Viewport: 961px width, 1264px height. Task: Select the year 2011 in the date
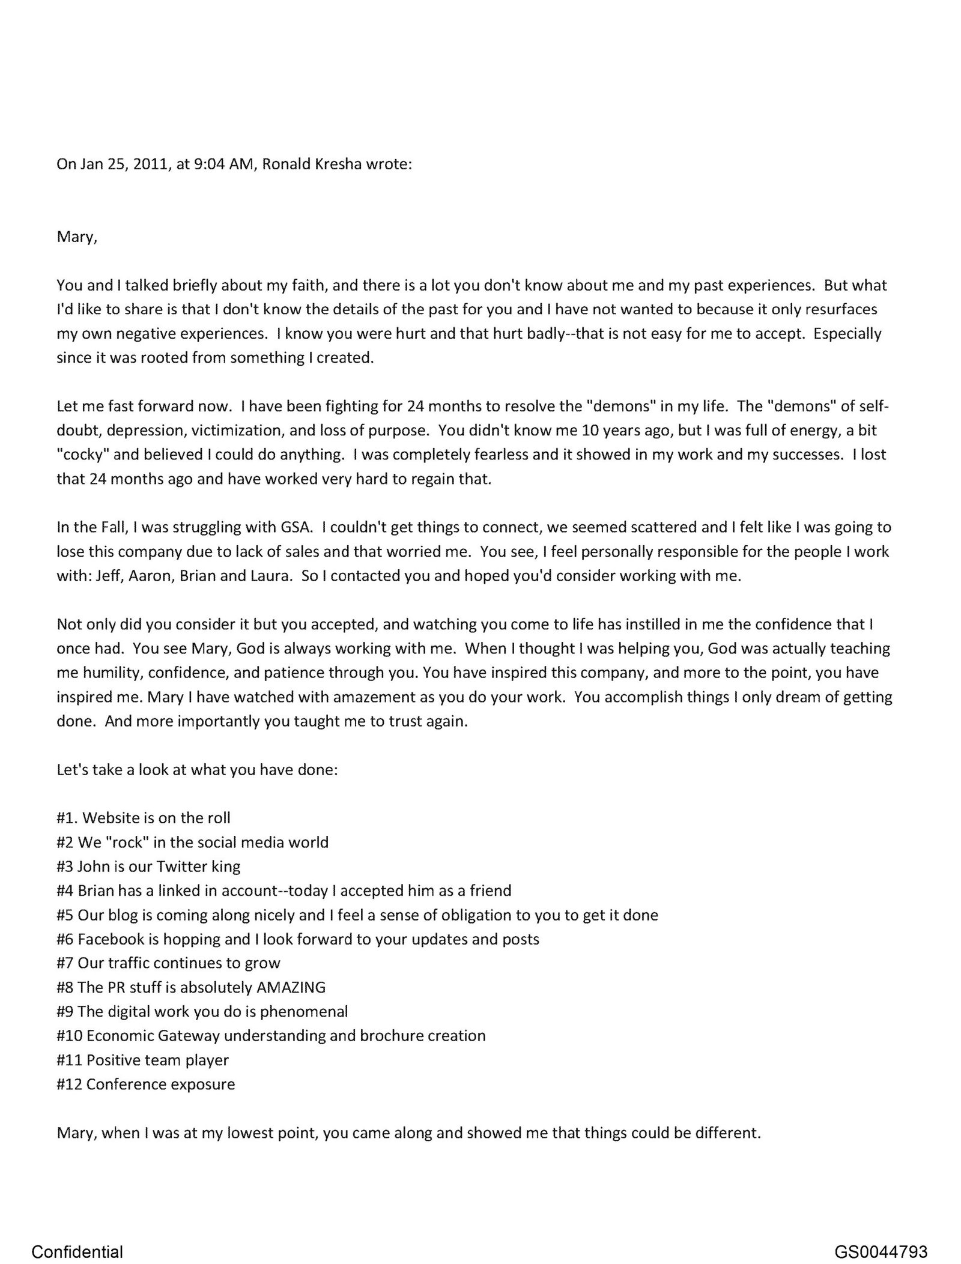[149, 165]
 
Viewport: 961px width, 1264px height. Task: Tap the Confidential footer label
[77, 1235]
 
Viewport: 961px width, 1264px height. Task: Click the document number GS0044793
[881, 1235]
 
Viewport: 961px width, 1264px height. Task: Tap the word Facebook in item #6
[111, 939]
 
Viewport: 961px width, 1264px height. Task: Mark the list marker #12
[69, 1084]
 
